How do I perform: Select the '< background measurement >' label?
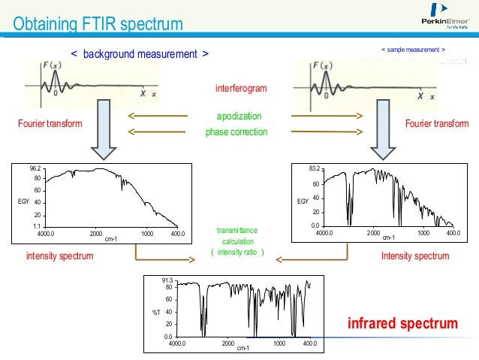pos(140,54)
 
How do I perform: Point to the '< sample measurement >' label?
pos(414,50)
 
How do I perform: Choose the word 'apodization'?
pos(239,118)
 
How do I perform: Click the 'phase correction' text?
pos(236,132)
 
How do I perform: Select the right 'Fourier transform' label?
pos(436,123)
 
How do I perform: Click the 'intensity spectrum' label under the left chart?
pos(60,256)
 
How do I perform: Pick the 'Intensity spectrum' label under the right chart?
pos(414,256)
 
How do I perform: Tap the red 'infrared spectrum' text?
pos(402,324)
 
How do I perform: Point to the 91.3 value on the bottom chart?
pos(167,280)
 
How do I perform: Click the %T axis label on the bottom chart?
pos(157,311)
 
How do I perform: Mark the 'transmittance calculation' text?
pos(237,237)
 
